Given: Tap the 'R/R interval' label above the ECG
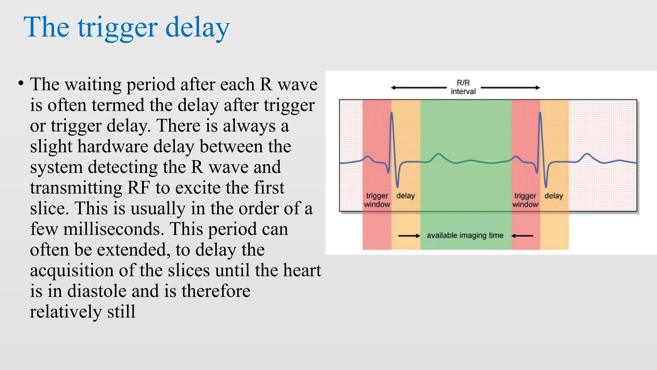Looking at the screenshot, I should coord(463,87).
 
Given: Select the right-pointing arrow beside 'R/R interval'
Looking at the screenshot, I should coord(510,87).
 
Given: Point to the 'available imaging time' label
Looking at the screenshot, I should coord(465,235).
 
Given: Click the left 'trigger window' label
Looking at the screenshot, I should coord(377,200).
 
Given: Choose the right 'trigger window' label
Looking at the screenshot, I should coord(525,200).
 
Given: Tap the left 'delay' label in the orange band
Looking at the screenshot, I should coord(405,196).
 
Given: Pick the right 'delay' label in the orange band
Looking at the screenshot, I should coord(554,196).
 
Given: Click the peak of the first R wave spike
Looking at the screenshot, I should coord(392,113).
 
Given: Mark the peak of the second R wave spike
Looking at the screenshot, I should coord(540,113).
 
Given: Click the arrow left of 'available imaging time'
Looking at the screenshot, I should coord(409,236).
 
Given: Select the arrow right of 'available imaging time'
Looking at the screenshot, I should coord(522,236).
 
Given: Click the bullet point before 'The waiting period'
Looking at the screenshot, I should coord(21,84).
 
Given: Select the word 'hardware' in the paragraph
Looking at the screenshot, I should coord(113,146).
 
